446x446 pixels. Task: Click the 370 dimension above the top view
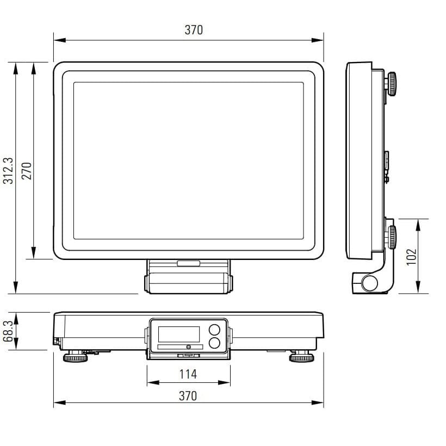coord(194,30)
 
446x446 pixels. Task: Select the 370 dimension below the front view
coord(188,396)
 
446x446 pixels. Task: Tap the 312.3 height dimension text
coord(8,171)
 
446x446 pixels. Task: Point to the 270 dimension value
coord(27,171)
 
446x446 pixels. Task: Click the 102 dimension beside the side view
coord(411,257)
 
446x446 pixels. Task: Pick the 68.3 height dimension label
coord(8,331)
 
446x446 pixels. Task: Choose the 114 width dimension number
coord(188,374)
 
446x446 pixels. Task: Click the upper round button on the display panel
coord(214,330)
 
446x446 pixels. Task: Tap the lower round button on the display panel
coord(214,343)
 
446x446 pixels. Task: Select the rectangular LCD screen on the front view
coord(179,334)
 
